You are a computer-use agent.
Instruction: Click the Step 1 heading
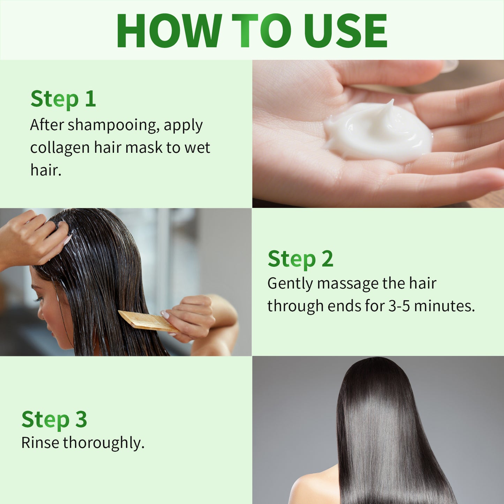[x=63, y=99]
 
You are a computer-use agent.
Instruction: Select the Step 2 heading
[x=300, y=259]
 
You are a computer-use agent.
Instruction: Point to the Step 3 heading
[x=54, y=419]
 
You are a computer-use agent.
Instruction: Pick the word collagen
[x=60, y=148]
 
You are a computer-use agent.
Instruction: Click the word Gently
[x=290, y=284]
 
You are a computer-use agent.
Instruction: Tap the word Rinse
[x=40, y=443]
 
